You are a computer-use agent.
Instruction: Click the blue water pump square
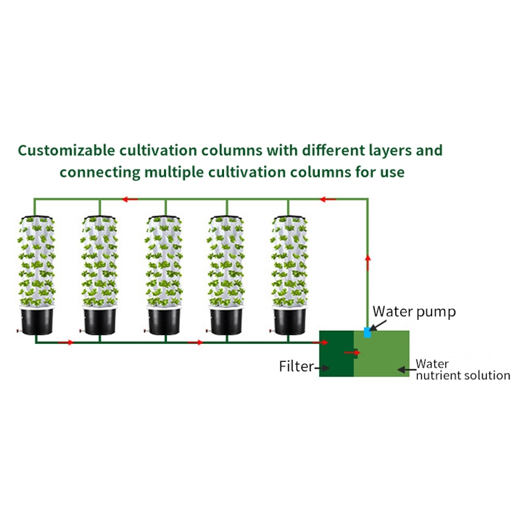coord(367,332)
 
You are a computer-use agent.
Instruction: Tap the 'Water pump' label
coord(414,312)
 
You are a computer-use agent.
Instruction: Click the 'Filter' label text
coord(296,366)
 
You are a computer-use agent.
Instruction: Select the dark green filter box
coord(336,354)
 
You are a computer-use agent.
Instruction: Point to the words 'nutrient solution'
coord(463,376)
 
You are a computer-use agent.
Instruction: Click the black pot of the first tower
coord(37,321)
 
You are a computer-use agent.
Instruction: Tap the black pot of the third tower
coord(164,321)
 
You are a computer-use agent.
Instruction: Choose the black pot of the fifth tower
coord(290,321)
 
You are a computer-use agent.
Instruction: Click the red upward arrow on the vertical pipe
coord(368,263)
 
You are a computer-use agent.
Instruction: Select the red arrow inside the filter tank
coord(352,353)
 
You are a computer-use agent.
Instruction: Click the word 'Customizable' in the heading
coord(66,151)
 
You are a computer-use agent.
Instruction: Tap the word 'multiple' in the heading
coord(174,172)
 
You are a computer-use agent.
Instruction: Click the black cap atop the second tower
coord(99,217)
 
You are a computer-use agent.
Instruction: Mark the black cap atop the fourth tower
coord(227,217)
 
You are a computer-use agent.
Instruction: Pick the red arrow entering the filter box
coord(320,343)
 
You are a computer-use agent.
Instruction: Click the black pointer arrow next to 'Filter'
coord(322,367)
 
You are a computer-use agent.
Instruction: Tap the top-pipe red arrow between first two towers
coord(130,199)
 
